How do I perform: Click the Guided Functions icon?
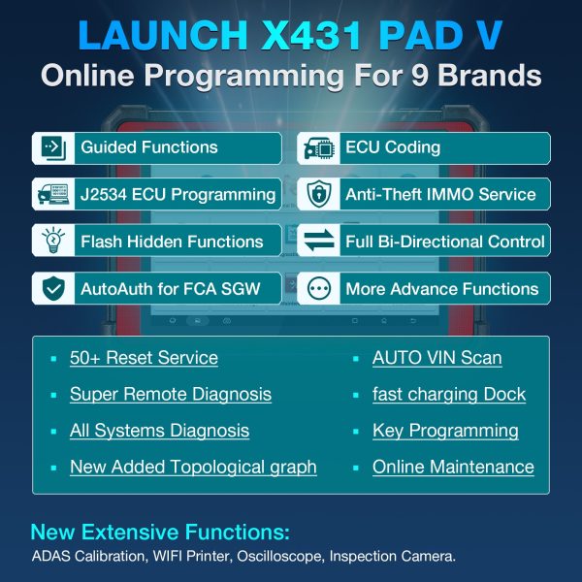coord(51,147)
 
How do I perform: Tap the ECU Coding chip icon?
coord(317,147)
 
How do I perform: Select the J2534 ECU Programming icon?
coord(51,194)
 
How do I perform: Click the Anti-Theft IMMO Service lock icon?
coord(317,194)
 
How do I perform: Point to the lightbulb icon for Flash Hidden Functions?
coord(51,242)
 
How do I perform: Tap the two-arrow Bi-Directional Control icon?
coord(317,242)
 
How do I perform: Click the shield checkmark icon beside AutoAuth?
coord(51,288)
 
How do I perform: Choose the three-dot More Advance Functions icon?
coord(317,288)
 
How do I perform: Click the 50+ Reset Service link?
coord(144,358)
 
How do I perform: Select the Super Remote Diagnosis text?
coord(170,394)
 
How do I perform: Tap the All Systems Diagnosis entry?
coord(159,431)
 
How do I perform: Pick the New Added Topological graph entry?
coord(193,467)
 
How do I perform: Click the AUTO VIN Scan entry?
coord(436,358)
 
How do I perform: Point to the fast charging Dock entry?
coord(448,394)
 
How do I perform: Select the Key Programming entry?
coord(445,431)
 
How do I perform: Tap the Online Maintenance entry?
coord(453,467)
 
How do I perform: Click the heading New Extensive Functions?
coord(160,533)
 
